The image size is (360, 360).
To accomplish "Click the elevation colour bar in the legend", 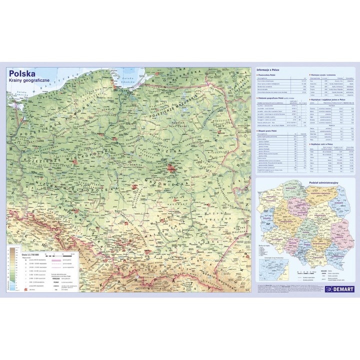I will (12, 270).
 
